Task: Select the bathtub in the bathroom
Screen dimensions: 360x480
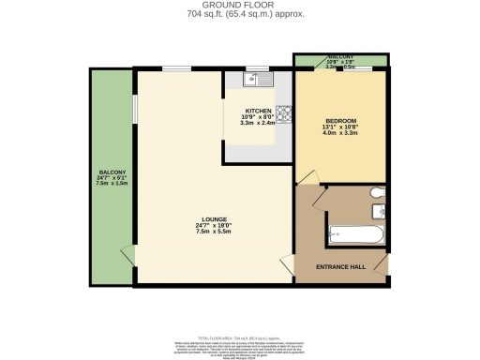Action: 353,234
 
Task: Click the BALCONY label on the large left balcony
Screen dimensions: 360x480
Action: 112,172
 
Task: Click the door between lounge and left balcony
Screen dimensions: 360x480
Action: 129,253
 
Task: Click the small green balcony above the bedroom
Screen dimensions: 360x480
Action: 340,61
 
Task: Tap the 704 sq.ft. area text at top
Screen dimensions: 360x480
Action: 240,15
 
